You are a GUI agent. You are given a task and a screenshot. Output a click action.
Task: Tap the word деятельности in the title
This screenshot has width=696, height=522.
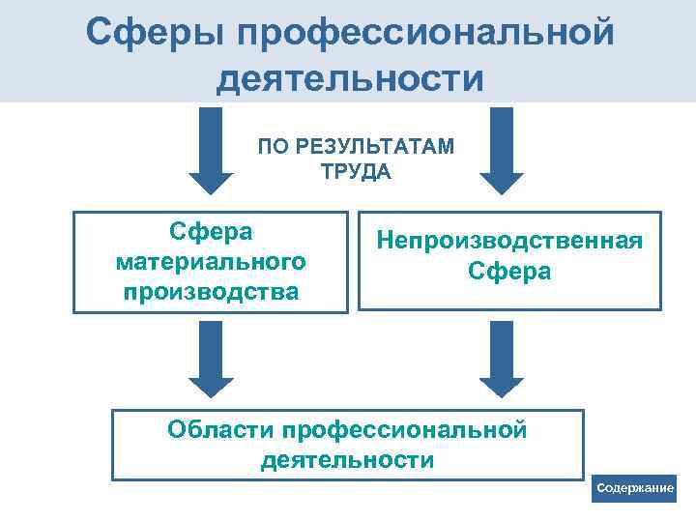tap(349, 78)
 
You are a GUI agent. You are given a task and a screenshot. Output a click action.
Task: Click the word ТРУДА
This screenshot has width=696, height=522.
tap(355, 172)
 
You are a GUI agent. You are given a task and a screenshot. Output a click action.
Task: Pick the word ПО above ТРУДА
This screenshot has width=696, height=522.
tap(271, 147)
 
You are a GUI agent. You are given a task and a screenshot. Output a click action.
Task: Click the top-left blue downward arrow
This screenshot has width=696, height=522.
tap(211, 150)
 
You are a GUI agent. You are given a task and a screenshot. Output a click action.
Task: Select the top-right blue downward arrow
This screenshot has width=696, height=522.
tap(501, 150)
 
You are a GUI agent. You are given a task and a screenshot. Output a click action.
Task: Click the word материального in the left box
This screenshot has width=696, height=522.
tap(210, 262)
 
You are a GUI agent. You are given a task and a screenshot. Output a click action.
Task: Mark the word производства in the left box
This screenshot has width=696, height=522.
tap(210, 290)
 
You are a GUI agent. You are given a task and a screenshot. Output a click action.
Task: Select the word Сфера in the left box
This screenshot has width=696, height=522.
tap(210, 233)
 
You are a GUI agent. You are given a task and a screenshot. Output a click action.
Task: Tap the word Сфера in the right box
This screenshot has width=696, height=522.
tap(509, 271)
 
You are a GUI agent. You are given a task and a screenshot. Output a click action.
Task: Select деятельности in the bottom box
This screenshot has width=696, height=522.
tap(347, 459)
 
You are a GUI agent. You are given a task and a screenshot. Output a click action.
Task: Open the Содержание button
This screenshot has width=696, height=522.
tap(635, 488)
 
